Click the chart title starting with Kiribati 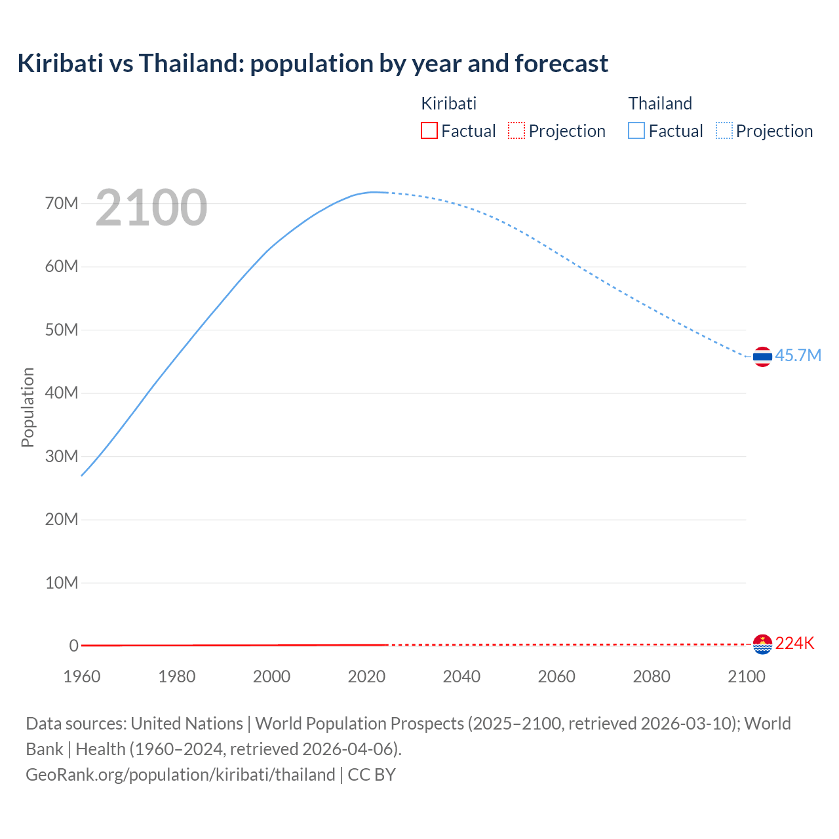(x=313, y=64)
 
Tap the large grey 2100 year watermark (x=151, y=208)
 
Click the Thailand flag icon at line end (x=762, y=357)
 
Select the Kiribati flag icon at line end (x=762, y=644)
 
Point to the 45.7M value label (x=798, y=355)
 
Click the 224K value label (x=794, y=643)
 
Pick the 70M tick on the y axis (x=62, y=203)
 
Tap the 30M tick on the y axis (x=62, y=456)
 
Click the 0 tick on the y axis (x=73, y=646)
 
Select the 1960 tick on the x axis (x=82, y=676)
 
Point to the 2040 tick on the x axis (x=461, y=676)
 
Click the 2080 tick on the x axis (x=652, y=676)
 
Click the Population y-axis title (x=28, y=407)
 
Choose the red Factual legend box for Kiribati (x=429, y=130)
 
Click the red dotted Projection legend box (x=517, y=130)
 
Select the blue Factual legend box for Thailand (x=636, y=130)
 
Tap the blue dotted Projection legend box (x=724, y=130)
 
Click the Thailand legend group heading (x=660, y=104)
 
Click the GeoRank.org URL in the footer (x=180, y=775)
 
